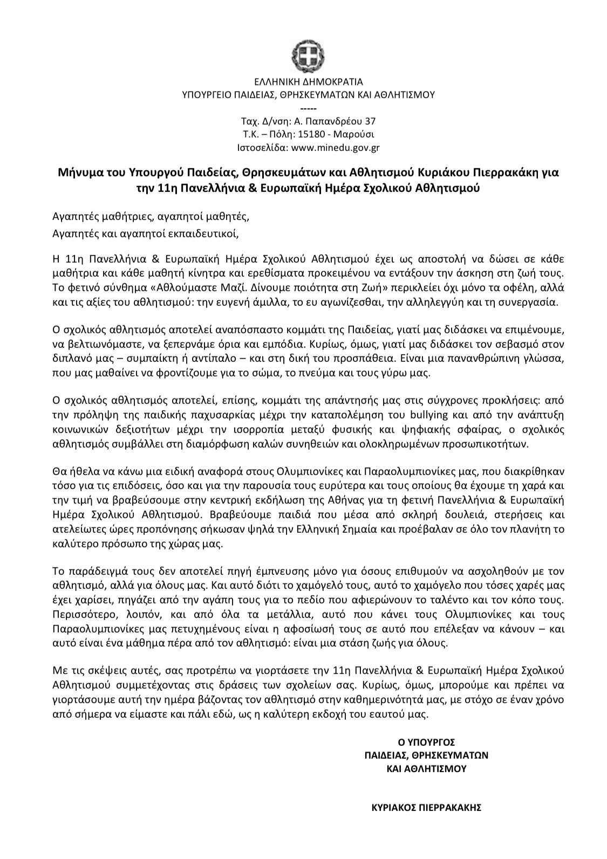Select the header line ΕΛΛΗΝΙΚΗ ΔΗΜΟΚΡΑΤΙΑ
tap(309, 83)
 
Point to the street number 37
tap(371, 121)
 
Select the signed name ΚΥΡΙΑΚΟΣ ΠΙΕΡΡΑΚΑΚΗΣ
tap(426, 808)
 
